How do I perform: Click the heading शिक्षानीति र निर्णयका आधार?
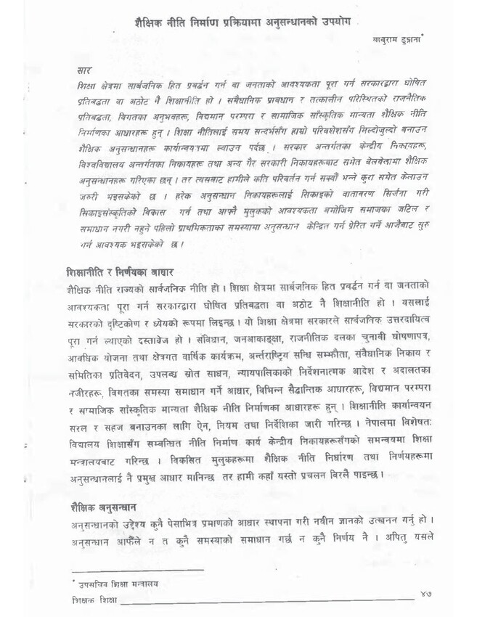point(118,271)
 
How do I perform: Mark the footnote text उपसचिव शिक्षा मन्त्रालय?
point(114,582)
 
